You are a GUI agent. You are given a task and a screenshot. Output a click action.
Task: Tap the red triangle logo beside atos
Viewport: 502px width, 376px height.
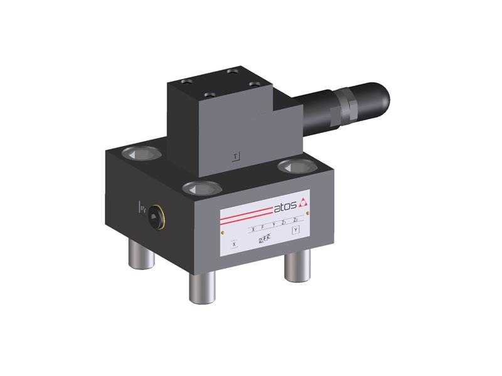(303, 201)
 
